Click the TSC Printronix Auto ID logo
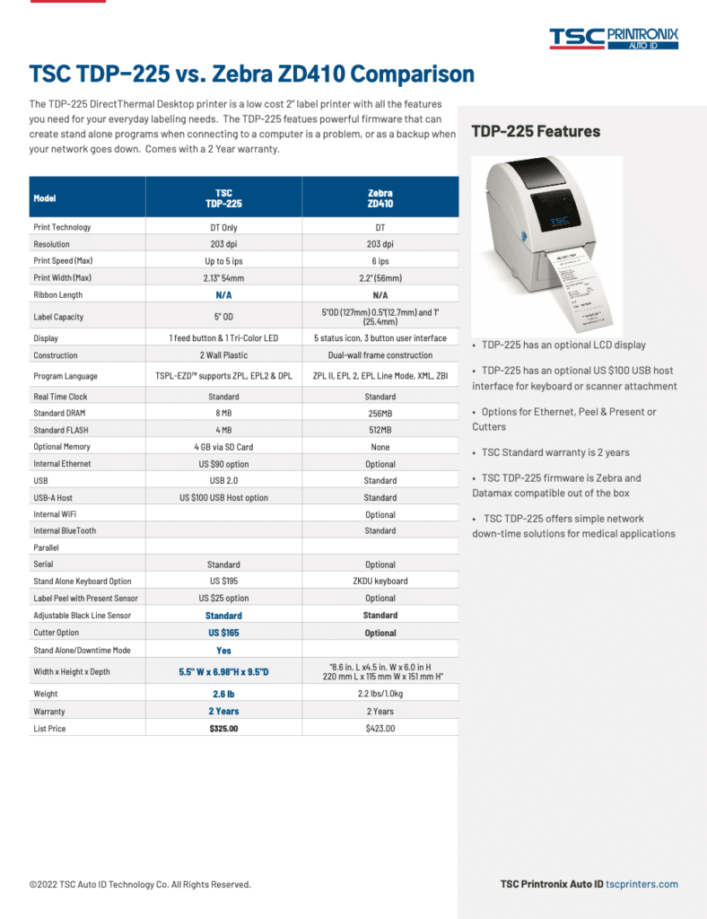(x=614, y=37)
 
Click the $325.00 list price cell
(x=223, y=729)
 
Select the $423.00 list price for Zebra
(x=380, y=729)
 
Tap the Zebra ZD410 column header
(x=380, y=198)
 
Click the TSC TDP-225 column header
(x=223, y=198)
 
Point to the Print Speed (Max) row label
(x=63, y=261)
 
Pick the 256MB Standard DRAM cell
(x=380, y=414)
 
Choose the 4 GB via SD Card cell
(x=223, y=447)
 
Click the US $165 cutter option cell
(x=223, y=633)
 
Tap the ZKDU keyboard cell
(x=380, y=581)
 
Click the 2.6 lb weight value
(x=223, y=694)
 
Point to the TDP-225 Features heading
(x=536, y=132)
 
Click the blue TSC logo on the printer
(x=559, y=220)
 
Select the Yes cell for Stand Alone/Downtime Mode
(x=223, y=651)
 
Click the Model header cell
(x=45, y=198)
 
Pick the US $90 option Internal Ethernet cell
(x=223, y=464)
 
